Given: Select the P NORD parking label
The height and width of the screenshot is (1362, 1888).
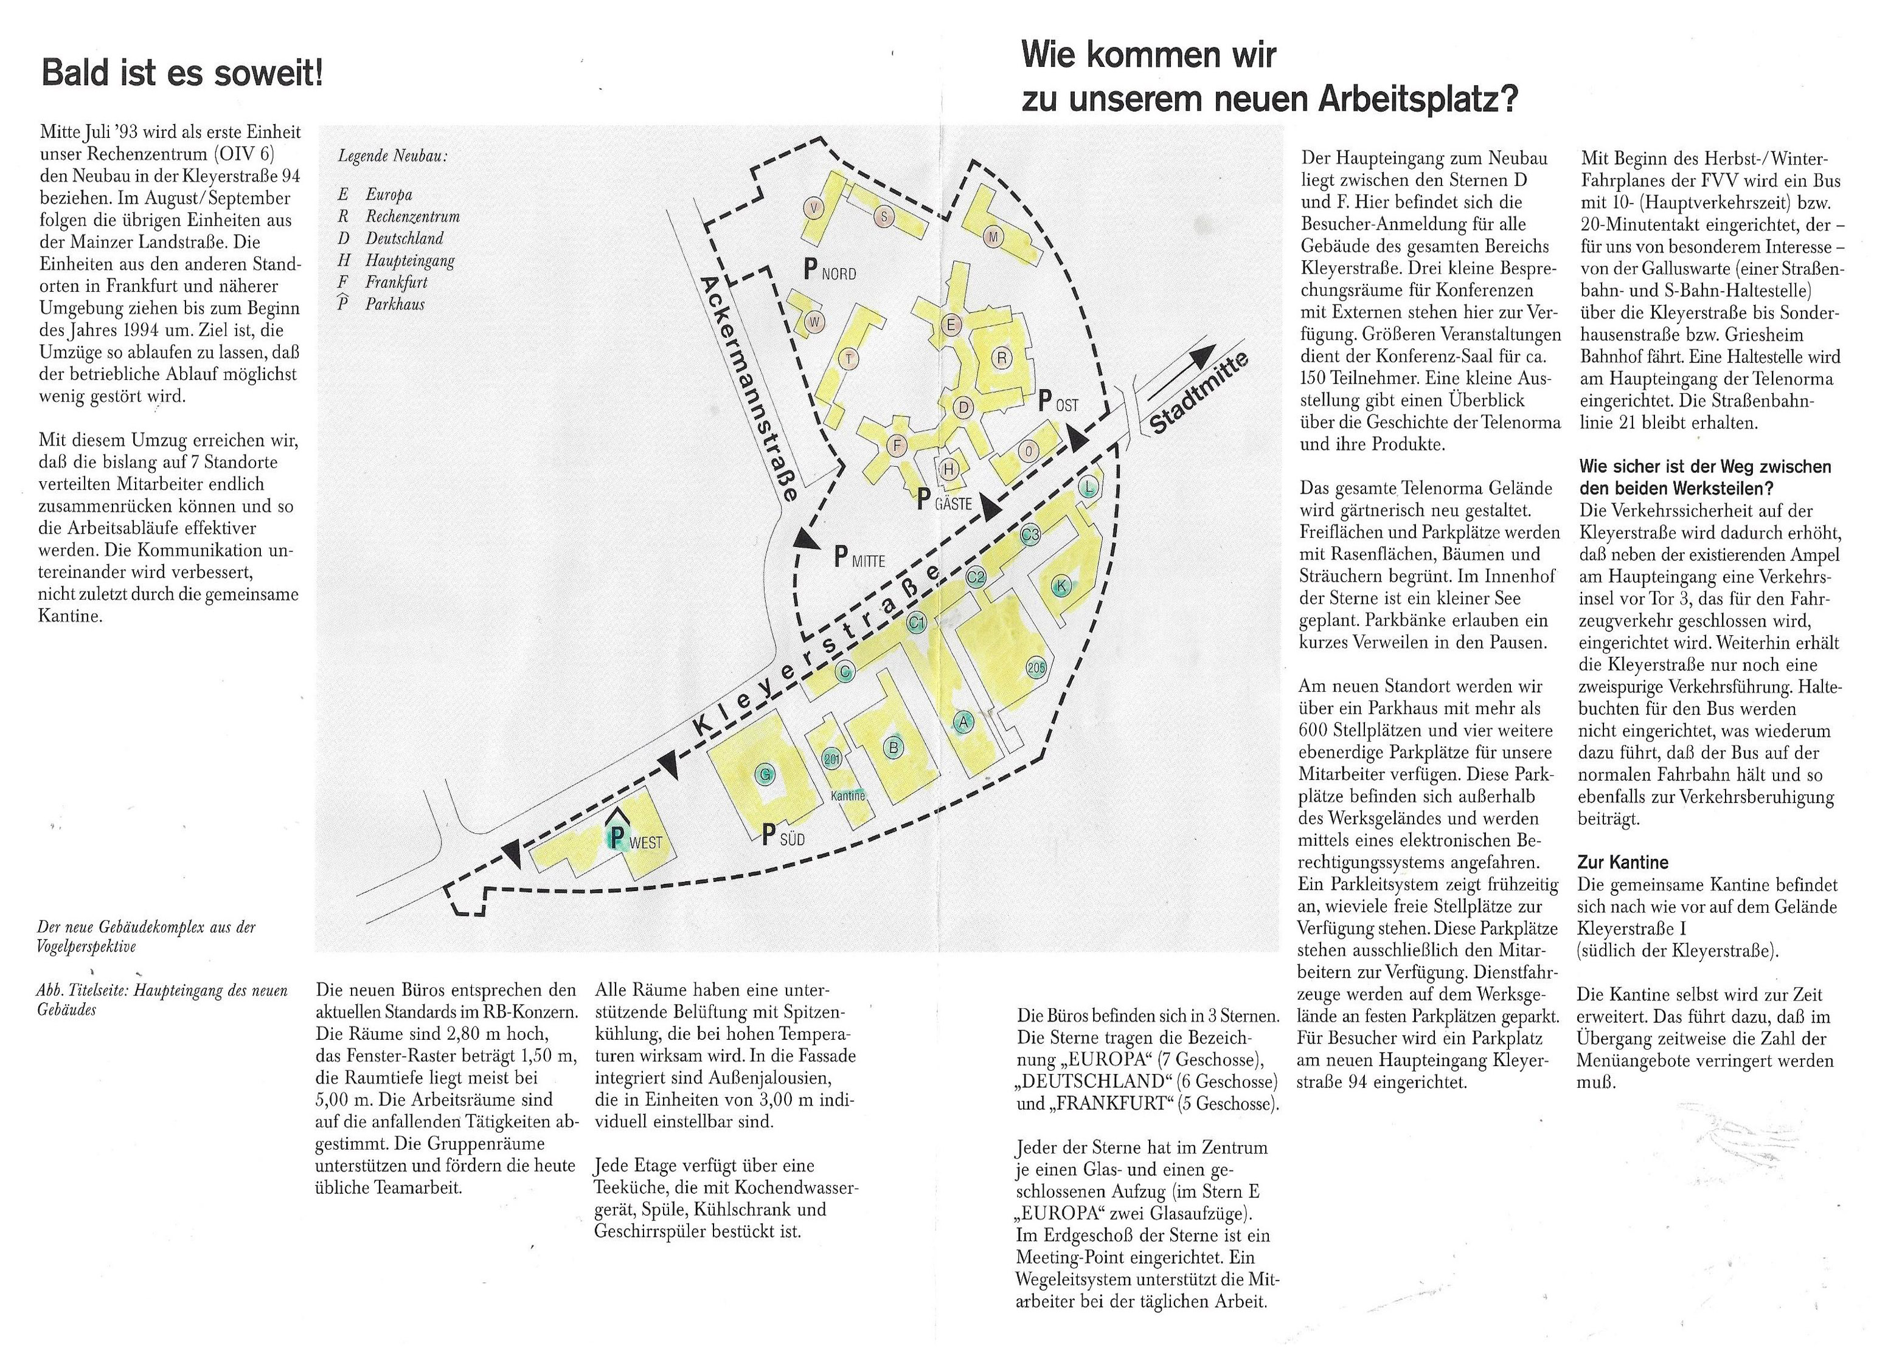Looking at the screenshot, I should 829,270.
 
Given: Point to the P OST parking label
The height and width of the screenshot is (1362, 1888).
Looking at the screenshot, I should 1058,403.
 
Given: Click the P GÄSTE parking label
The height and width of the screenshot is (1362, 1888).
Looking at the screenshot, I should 944,501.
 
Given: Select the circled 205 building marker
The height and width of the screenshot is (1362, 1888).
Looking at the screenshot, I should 1036,667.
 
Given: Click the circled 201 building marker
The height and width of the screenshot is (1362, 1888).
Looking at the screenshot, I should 831,758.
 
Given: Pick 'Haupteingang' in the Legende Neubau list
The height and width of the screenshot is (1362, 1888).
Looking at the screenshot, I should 409,260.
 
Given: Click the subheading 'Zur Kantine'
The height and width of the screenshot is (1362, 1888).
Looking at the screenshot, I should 1622,863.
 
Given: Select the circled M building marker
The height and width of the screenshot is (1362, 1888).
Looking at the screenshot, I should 992,237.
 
